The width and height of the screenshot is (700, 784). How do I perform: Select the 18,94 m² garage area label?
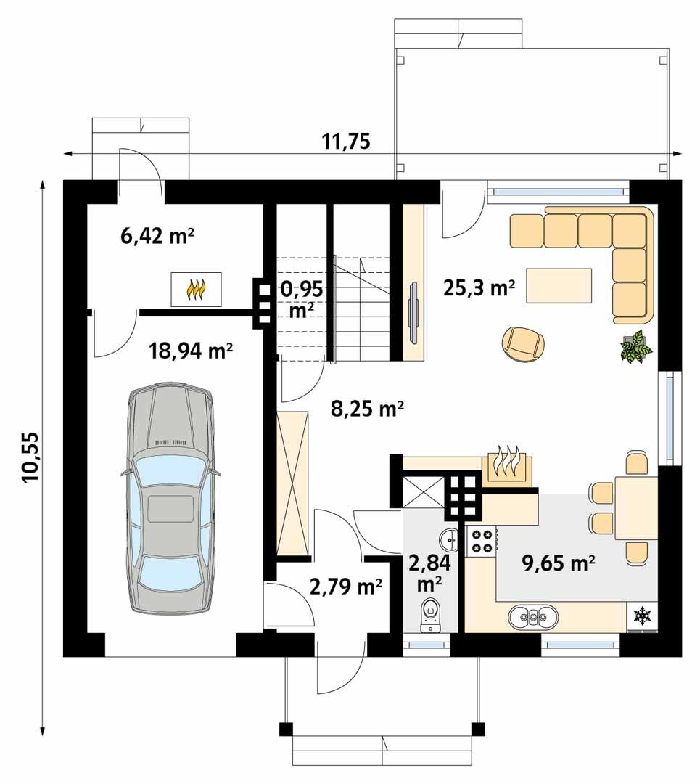click(190, 351)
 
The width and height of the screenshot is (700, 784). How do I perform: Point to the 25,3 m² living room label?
click(479, 288)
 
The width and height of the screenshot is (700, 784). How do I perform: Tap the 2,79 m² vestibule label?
click(346, 586)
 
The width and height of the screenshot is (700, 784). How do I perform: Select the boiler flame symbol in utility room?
click(196, 290)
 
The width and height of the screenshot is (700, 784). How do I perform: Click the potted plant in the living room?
click(635, 346)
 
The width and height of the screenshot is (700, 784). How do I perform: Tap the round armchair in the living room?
click(523, 343)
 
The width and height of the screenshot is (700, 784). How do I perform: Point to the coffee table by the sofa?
click(559, 285)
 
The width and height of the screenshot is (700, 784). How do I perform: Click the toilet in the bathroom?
click(431, 614)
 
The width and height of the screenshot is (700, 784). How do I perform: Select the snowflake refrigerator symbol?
click(641, 617)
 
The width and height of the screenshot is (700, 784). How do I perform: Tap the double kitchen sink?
click(533, 618)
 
